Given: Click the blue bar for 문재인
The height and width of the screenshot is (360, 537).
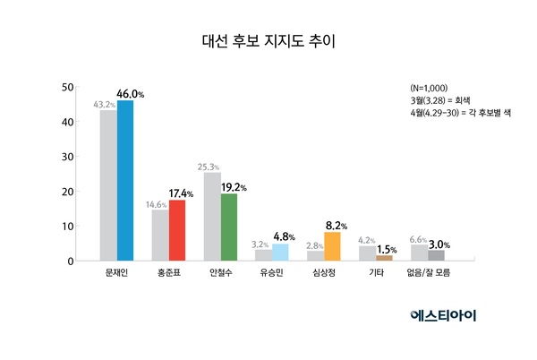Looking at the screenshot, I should click(x=125, y=180).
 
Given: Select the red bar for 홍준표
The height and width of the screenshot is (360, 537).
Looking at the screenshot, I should click(x=176, y=230).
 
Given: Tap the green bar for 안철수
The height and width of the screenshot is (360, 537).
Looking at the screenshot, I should click(x=228, y=227).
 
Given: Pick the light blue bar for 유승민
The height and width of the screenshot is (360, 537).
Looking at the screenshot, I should click(x=280, y=253).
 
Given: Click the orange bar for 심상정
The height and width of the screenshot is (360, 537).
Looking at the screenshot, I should click(x=332, y=246).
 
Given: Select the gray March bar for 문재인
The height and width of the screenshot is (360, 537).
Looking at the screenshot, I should click(x=108, y=185).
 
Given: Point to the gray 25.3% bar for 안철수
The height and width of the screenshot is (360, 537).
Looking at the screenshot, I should click(x=212, y=217).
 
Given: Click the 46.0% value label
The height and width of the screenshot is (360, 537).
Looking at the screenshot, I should click(x=131, y=92).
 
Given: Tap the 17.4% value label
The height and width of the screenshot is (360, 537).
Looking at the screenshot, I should click(x=183, y=193).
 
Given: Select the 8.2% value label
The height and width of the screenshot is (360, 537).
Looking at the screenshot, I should click(x=336, y=225).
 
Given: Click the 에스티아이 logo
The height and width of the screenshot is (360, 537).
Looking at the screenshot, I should click(x=444, y=314).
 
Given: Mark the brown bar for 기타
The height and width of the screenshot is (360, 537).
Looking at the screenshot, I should click(x=384, y=258).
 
